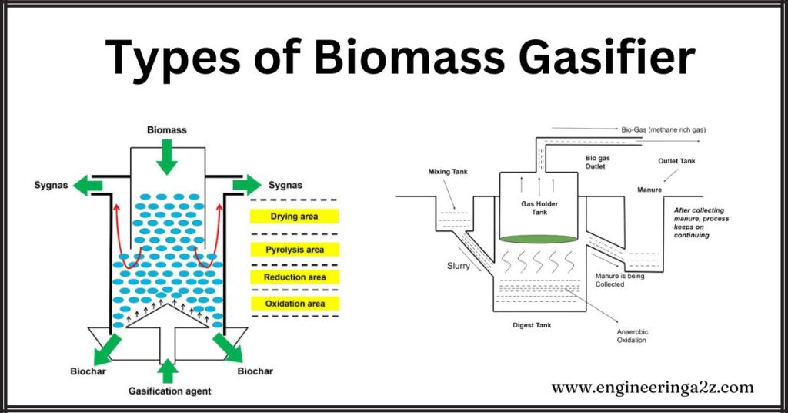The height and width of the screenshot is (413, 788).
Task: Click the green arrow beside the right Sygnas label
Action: pos(246,186)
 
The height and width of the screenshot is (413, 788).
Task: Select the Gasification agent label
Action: pos(169,391)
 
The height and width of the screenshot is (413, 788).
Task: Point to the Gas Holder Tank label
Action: pos(539,207)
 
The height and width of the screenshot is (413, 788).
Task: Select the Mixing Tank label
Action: pos(448,172)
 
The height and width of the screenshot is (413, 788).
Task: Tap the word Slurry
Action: pos(459,266)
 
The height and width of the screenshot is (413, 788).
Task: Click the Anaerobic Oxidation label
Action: pos(633,336)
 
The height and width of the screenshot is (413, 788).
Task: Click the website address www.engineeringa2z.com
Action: pos(653,388)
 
